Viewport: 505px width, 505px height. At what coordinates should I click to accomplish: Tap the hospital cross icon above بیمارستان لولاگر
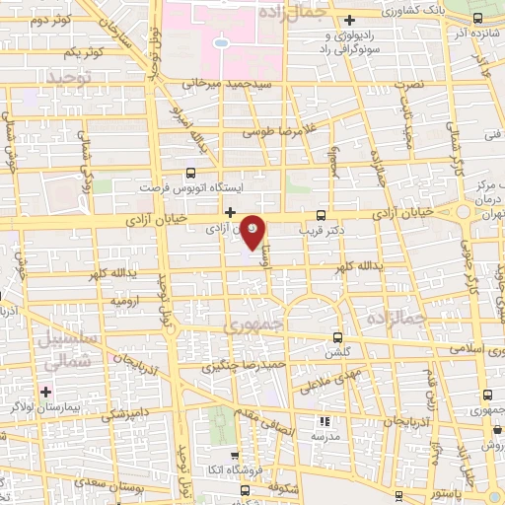pos(46,392)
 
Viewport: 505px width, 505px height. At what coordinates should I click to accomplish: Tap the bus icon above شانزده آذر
pos(477,19)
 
